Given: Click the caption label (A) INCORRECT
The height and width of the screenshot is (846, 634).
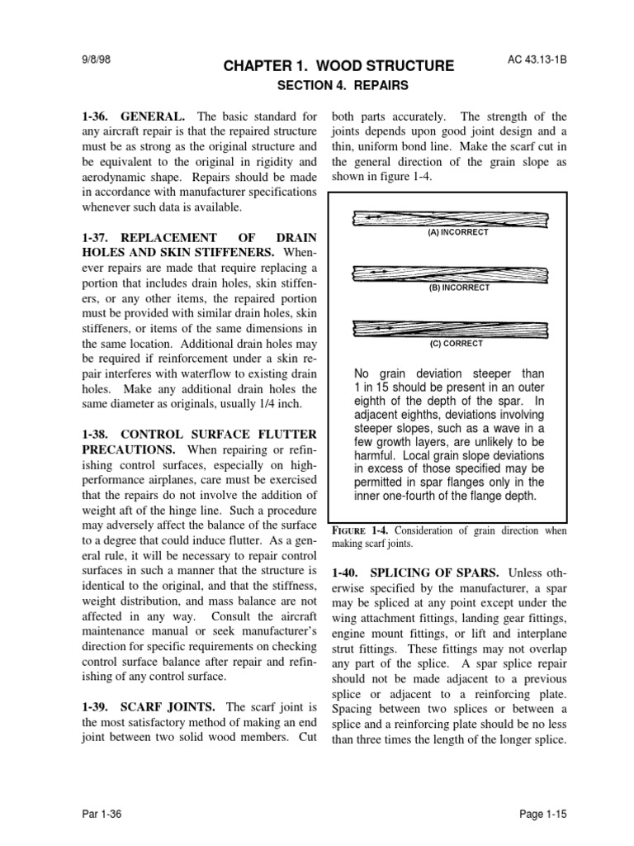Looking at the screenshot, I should (x=458, y=233).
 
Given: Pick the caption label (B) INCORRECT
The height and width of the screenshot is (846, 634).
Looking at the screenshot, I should (x=458, y=288).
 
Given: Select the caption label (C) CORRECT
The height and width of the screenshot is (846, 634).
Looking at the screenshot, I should (x=456, y=343).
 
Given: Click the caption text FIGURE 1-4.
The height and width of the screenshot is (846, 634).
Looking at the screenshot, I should (x=362, y=531).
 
